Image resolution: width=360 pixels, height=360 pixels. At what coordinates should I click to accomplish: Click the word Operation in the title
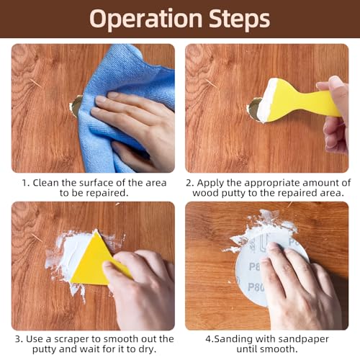(145, 19)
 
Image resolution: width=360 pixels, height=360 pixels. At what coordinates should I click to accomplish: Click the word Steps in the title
(239, 18)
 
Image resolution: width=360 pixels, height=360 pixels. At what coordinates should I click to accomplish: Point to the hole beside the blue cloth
(76, 106)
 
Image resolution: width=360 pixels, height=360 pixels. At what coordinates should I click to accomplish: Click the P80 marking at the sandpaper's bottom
(256, 287)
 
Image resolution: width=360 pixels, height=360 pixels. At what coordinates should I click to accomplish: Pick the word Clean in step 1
(46, 183)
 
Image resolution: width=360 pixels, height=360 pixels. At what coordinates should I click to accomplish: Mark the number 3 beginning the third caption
(18, 339)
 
